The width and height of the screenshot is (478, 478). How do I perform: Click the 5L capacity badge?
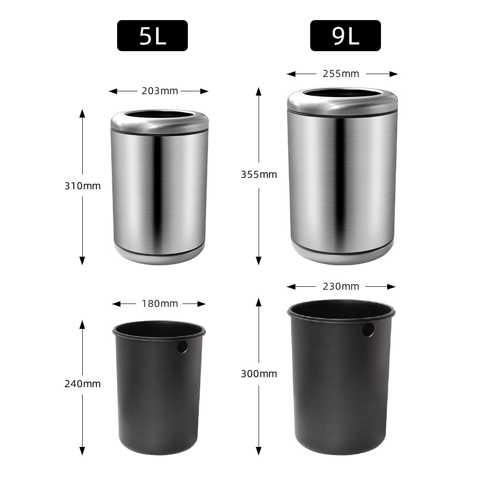(x=152, y=35)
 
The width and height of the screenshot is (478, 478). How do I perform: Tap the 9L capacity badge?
(x=346, y=35)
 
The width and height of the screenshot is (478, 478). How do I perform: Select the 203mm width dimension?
(x=160, y=91)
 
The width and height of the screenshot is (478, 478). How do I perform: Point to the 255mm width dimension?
(x=341, y=74)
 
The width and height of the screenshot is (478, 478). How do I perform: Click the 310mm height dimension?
(x=82, y=185)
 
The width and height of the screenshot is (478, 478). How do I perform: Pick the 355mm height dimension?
(x=259, y=174)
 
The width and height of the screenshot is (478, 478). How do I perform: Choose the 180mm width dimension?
(x=160, y=304)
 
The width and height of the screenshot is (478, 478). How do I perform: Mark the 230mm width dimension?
(x=341, y=286)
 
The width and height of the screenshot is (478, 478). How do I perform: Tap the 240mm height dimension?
(x=82, y=384)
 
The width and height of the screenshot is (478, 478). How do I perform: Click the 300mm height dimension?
(x=259, y=374)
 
